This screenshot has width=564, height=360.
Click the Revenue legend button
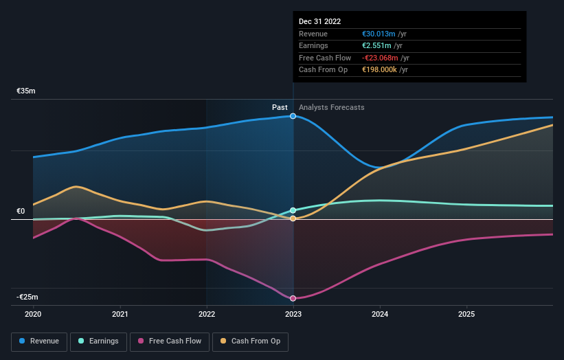click(x=40, y=341)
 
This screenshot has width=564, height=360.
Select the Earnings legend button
click(x=98, y=341)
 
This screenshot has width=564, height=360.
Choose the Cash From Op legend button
click(x=251, y=341)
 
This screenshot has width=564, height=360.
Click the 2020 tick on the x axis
click(x=33, y=315)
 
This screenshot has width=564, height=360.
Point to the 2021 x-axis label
click(x=120, y=315)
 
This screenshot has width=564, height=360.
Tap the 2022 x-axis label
click(x=207, y=315)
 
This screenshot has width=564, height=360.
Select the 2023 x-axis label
click(x=293, y=315)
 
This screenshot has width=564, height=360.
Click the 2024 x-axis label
click(x=380, y=315)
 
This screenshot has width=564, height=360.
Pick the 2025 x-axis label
click(x=466, y=315)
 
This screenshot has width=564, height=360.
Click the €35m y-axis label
click(x=26, y=91)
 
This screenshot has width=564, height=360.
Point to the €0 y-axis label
click(x=21, y=211)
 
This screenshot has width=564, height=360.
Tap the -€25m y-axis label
click(x=27, y=297)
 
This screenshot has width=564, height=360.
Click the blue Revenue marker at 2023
click(x=293, y=116)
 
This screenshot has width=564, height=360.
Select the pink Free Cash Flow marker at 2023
click(x=293, y=298)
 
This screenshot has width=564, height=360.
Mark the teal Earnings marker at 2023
click(x=293, y=210)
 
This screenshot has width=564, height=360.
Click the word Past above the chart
click(x=280, y=107)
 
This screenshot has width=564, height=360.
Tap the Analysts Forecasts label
click(x=332, y=107)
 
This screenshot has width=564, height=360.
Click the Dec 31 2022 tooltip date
click(x=319, y=22)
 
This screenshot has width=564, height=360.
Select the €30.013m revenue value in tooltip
click(x=379, y=34)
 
